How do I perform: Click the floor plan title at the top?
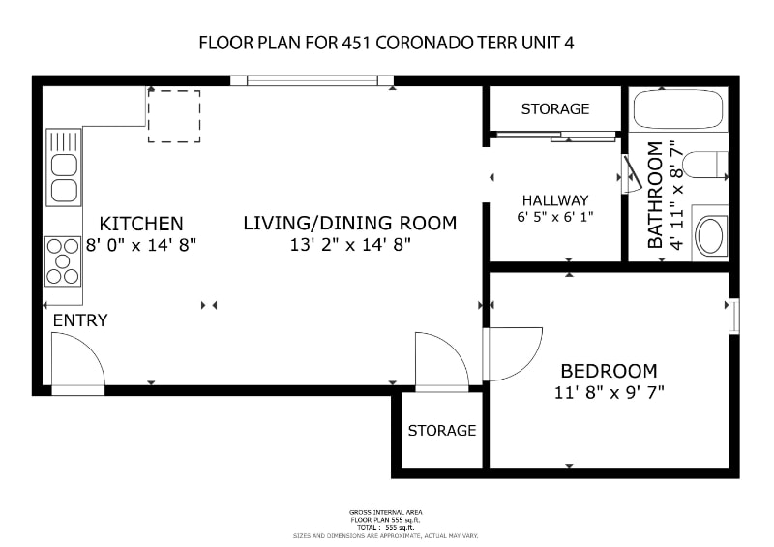click(x=387, y=43)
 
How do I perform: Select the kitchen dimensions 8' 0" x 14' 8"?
click(x=141, y=245)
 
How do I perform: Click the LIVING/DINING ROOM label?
click(x=349, y=224)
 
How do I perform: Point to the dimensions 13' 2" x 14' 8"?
click(x=350, y=245)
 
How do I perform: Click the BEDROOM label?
click(x=609, y=371)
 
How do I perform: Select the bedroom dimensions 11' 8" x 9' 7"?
click(x=609, y=392)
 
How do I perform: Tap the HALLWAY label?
click(x=555, y=200)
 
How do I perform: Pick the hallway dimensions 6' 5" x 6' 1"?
click(x=555, y=217)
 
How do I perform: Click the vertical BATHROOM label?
click(x=656, y=195)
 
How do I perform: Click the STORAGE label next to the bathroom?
click(x=555, y=108)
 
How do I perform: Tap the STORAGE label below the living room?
click(x=441, y=430)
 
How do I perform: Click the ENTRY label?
click(x=80, y=320)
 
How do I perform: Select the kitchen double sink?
click(x=63, y=167)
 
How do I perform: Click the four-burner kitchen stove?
click(x=63, y=260)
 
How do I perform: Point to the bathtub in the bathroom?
click(x=678, y=110)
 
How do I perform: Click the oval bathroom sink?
click(x=710, y=234)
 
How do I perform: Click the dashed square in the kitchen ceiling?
click(x=174, y=116)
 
